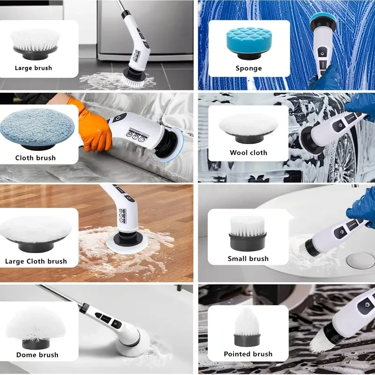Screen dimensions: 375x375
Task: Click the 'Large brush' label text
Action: coord(33,68)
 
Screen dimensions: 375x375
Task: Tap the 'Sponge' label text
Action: coord(248,68)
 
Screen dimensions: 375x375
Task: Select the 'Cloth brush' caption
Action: coord(35,158)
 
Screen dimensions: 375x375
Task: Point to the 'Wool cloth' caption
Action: coord(248,153)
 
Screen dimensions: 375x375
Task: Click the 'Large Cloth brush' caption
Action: coord(36,261)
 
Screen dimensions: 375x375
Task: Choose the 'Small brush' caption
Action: coord(248,259)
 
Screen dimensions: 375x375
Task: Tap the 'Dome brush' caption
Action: coord(37,355)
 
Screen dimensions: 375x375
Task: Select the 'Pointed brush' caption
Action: coord(248,354)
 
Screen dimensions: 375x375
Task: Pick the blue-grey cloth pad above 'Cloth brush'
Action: coord(35,127)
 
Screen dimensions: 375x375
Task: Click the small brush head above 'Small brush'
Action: coord(248,227)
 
